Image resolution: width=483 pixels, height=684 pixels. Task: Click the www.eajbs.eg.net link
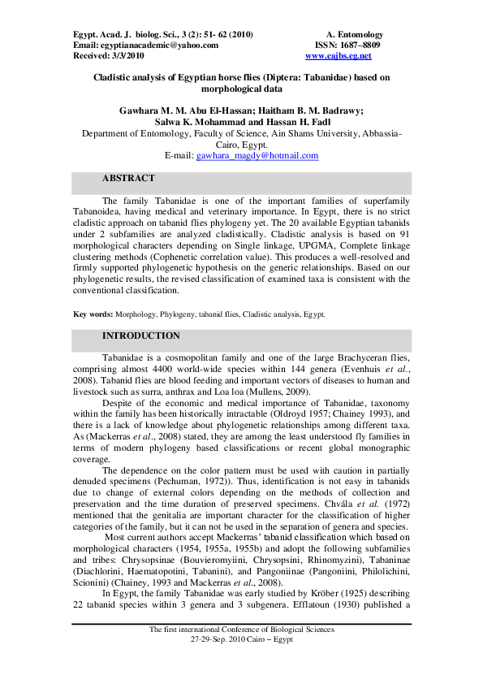[338, 56]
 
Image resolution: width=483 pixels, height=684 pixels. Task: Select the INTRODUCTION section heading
[140, 336]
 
